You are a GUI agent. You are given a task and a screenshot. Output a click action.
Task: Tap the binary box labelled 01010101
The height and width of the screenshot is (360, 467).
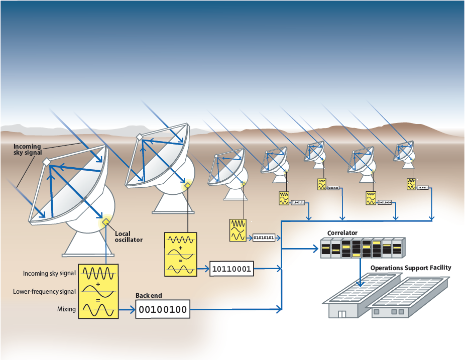(x=264, y=237)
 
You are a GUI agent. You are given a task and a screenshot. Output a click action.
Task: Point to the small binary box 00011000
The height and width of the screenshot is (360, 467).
(x=385, y=203)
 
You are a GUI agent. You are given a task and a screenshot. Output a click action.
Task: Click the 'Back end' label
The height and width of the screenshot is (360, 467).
(x=149, y=296)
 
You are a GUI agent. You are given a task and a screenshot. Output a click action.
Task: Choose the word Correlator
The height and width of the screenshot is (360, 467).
(x=342, y=233)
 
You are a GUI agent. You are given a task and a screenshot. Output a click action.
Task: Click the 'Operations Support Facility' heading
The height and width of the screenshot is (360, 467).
(x=411, y=268)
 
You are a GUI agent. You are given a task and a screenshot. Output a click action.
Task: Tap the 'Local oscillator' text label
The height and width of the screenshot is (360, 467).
(x=129, y=236)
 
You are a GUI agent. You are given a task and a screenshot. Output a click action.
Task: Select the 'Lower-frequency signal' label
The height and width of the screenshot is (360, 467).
(x=45, y=292)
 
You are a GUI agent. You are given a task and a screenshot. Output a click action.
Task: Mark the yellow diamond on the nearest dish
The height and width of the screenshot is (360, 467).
(x=106, y=221)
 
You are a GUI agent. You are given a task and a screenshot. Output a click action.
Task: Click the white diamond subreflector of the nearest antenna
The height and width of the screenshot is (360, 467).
(x=46, y=162)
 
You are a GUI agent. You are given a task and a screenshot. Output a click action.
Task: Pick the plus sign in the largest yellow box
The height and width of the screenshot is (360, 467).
(x=98, y=284)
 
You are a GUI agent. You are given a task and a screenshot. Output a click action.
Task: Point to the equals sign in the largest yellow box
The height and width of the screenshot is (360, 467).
(x=98, y=300)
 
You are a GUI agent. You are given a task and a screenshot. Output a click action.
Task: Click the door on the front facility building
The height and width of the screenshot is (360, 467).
(x=342, y=314)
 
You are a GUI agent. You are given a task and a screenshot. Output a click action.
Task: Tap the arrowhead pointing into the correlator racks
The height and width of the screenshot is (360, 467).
(x=317, y=248)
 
